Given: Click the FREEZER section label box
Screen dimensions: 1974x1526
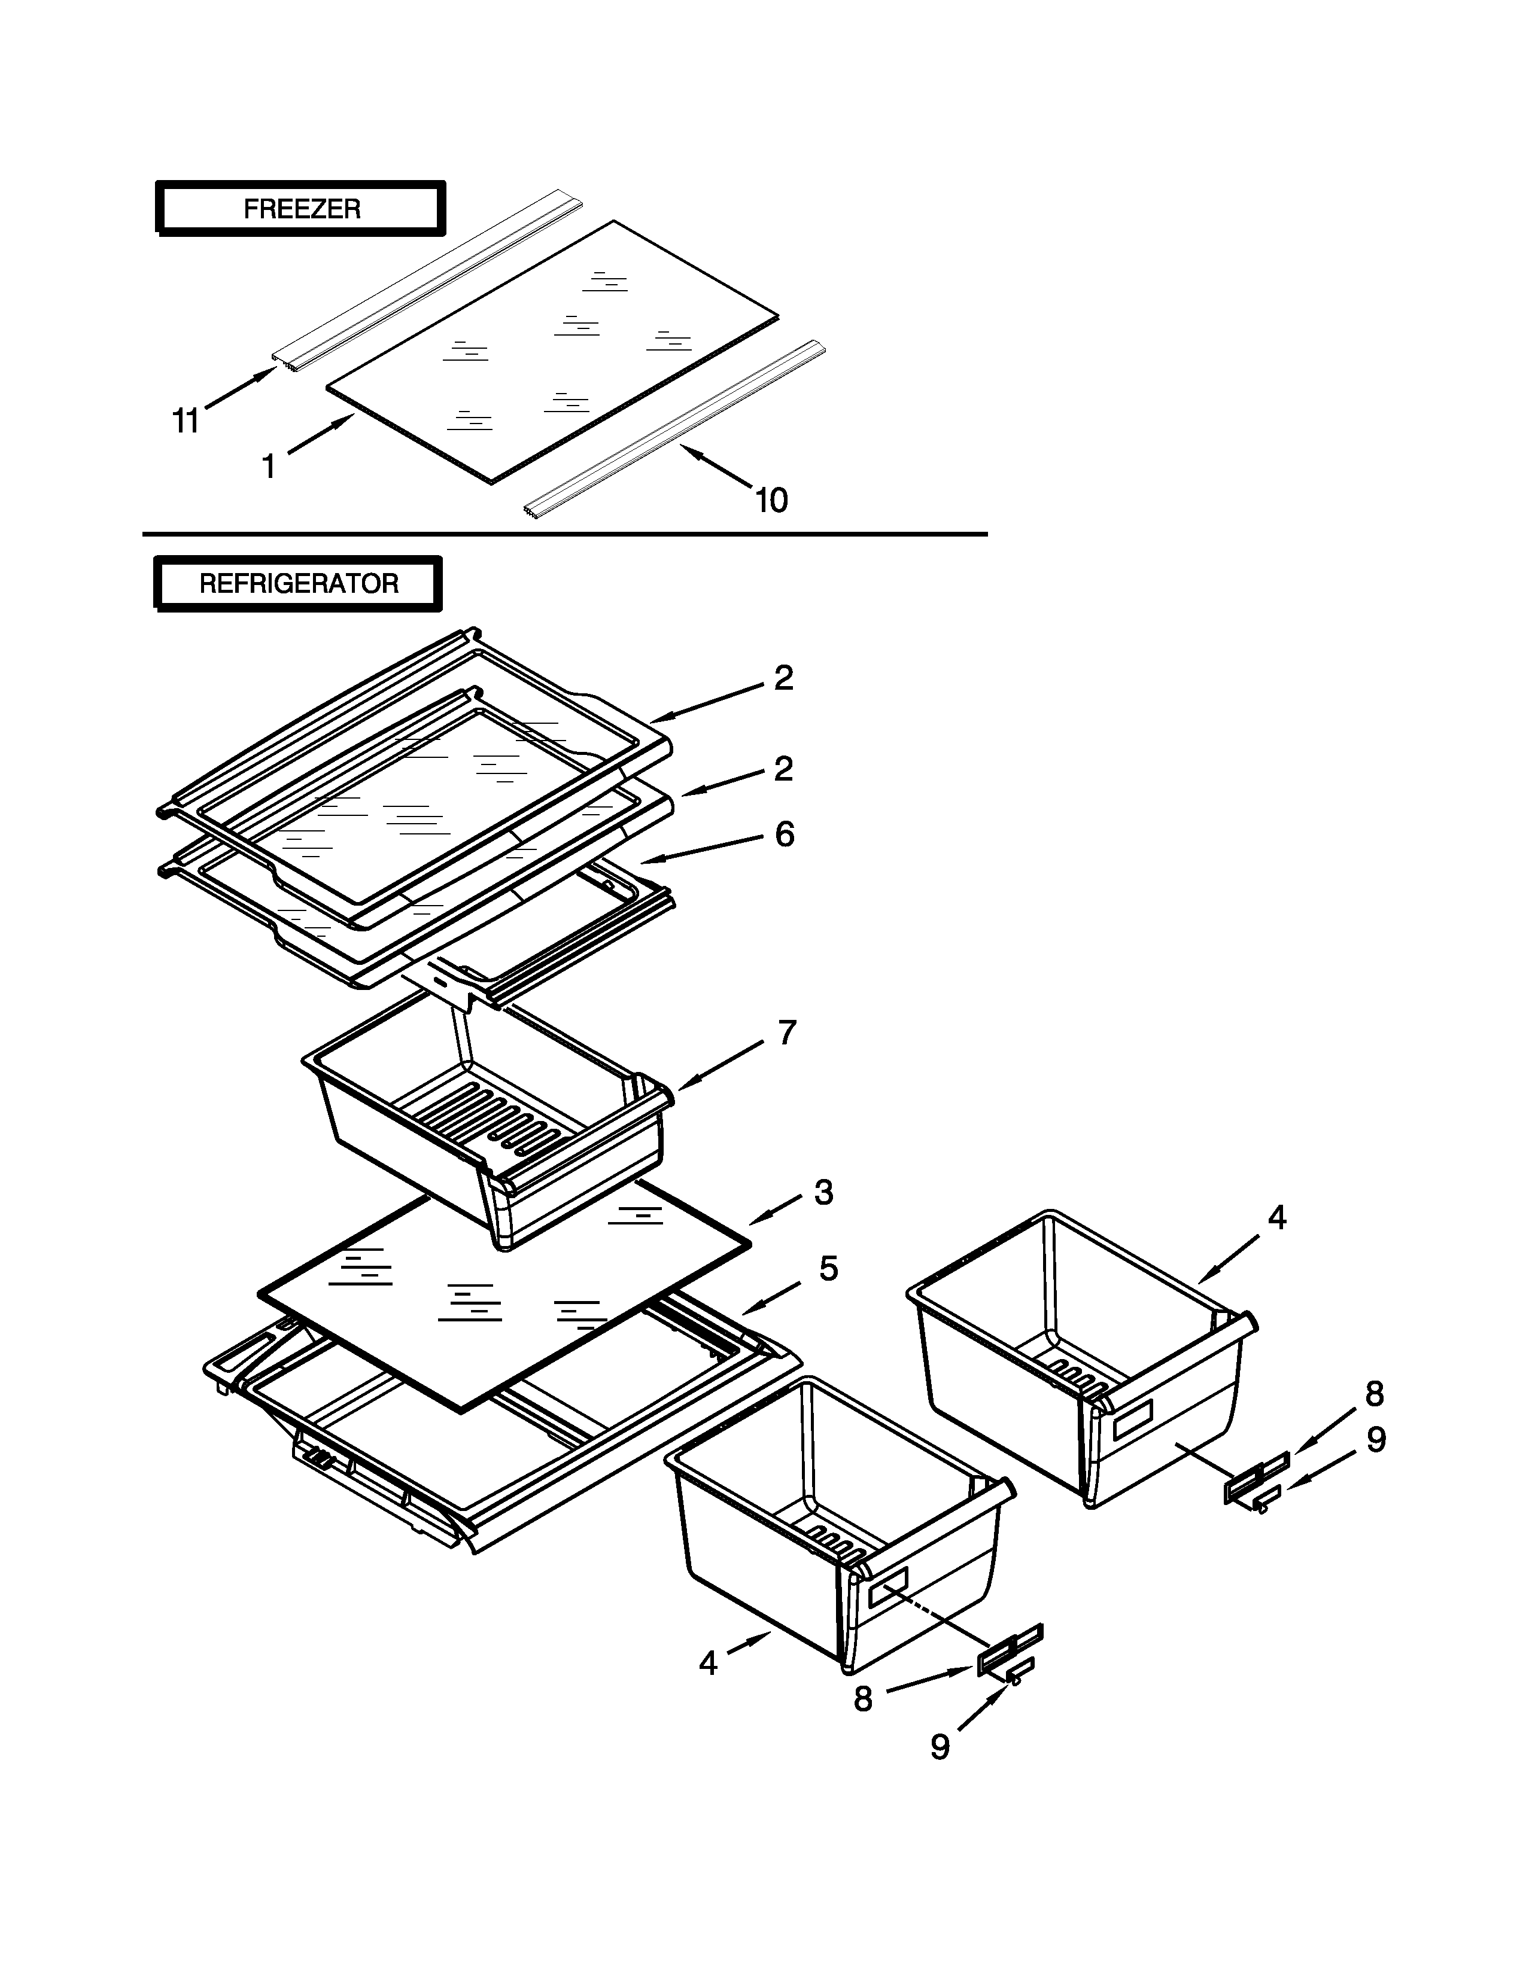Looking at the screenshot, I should [301, 209].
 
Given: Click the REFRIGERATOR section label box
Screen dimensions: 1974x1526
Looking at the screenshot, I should [299, 584].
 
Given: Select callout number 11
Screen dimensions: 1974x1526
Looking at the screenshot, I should [186, 421].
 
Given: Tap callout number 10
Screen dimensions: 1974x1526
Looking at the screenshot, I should [771, 500].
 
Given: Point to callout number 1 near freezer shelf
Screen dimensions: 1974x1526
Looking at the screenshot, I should [269, 467].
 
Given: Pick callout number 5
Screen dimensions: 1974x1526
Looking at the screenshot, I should [828, 1269].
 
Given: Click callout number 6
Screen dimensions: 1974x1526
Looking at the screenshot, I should [784, 834].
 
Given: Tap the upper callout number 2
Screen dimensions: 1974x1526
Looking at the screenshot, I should [783, 678].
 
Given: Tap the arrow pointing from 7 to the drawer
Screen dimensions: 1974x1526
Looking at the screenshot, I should [724, 1065].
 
